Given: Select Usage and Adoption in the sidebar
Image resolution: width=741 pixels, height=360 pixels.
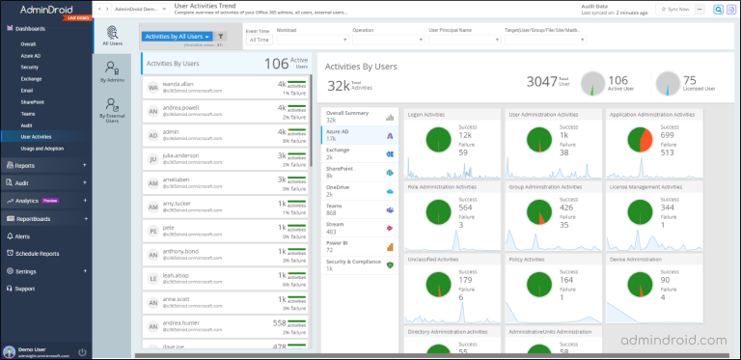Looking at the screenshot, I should point(42,149).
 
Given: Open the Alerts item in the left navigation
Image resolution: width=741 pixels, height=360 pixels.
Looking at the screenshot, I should point(22,235).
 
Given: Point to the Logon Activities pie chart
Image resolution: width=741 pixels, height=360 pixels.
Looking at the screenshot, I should point(431,140).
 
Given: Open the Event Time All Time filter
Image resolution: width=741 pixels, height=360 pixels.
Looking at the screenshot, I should point(261,40).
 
